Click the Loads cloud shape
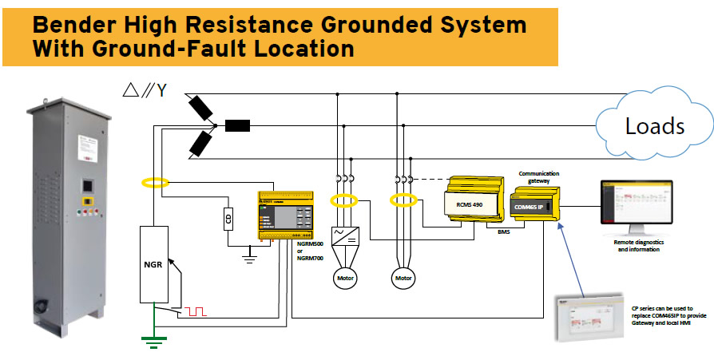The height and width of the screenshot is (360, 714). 653,126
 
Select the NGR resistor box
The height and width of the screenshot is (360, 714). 155,263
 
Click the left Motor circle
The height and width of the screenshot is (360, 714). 346,278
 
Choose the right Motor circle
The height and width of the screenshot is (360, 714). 403,278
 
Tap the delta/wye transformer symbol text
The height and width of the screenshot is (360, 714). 144,90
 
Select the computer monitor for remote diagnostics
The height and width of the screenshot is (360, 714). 637,204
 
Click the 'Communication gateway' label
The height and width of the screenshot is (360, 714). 539,176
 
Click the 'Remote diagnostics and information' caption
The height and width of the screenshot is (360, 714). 638,245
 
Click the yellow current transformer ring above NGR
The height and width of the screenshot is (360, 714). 155,182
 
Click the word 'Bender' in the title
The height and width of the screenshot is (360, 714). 76,25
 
